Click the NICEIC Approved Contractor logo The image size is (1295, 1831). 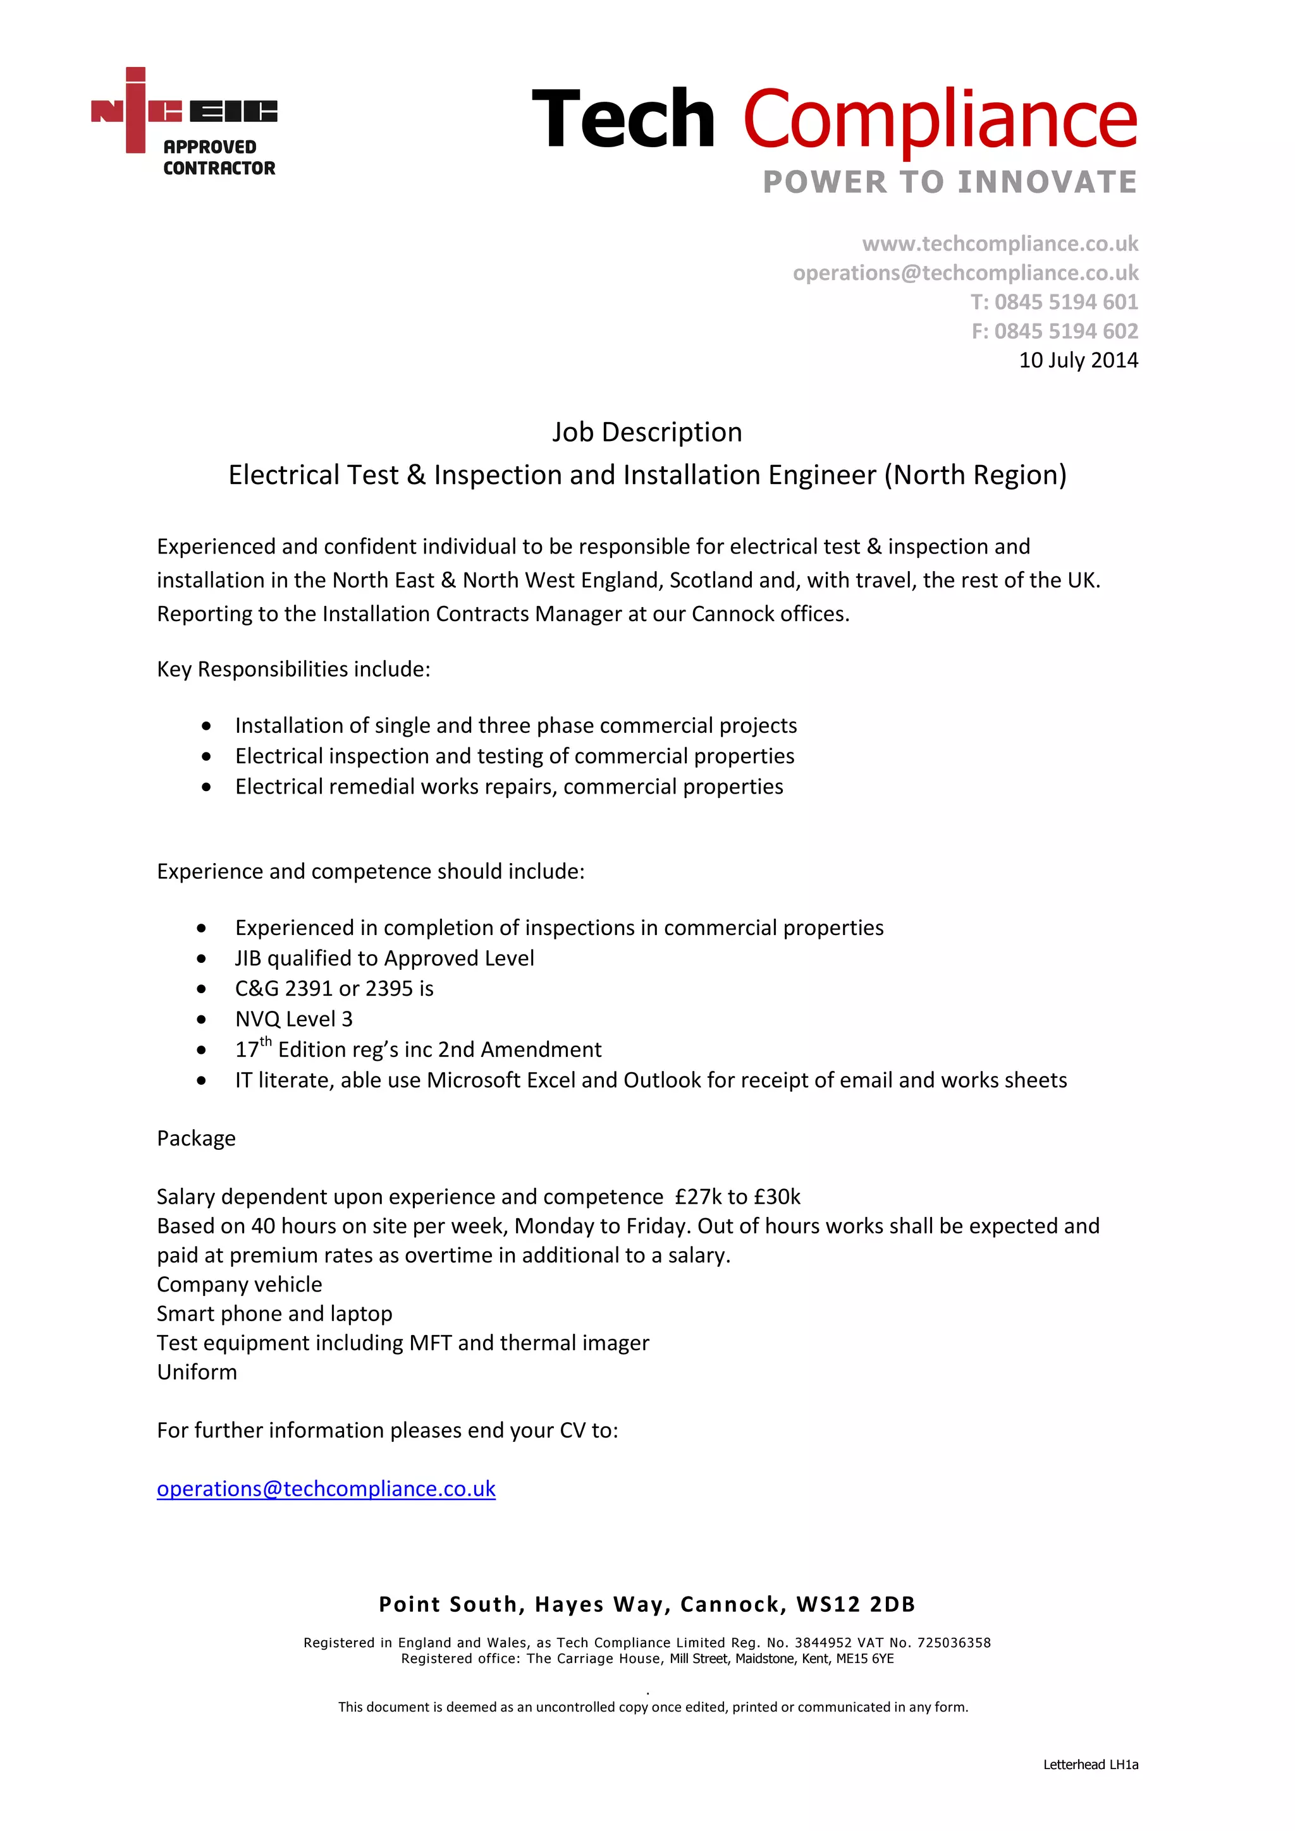coord(184,121)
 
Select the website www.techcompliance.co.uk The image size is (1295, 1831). coord(999,243)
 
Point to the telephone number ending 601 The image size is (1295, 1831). coord(1053,301)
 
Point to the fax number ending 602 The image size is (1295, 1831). coord(1054,331)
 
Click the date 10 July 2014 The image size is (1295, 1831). coord(1077,361)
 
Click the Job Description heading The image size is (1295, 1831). coord(646,432)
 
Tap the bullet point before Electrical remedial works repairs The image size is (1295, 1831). coord(207,787)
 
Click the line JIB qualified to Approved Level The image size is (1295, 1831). coord(384,958)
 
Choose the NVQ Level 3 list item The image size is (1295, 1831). coord(293,1019)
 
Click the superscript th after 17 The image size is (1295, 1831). coord(266,1041)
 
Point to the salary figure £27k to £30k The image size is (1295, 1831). coord(737,1197)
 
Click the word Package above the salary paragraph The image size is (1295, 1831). coord(196,1138)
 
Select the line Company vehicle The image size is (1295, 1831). coord(240,1284)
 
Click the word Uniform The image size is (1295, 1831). coord(197,1372)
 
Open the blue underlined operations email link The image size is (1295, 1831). coord(326,1489)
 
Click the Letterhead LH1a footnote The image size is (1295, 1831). coord(1090,1765)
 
